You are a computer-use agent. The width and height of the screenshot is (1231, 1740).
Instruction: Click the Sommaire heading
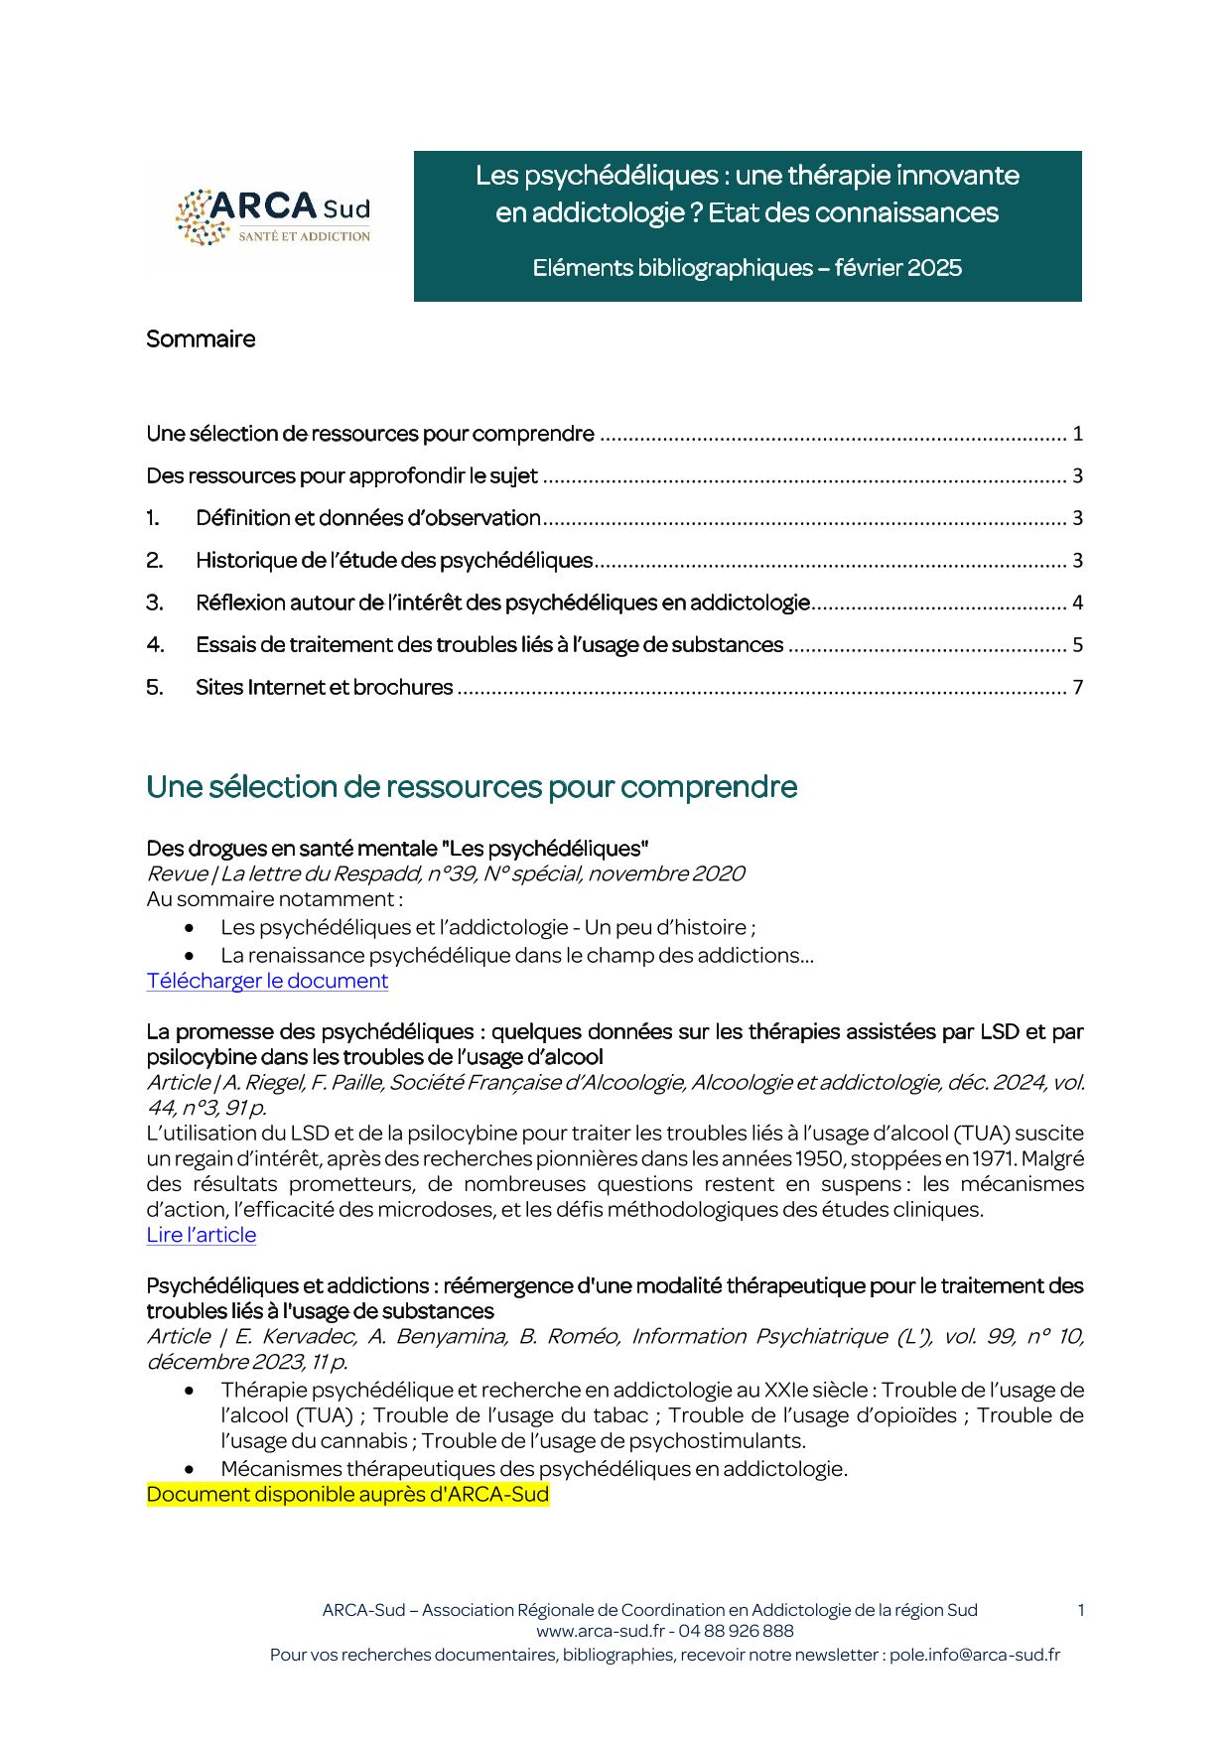pyautogui.click(x=201, y=339)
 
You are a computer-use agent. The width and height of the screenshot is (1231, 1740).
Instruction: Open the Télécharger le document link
pyautogui.click(x=267, y=981)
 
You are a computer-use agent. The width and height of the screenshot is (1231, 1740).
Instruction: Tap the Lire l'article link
pyautogui.click(x=202, y=1235)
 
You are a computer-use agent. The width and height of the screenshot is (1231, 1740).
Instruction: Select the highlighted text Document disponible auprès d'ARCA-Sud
pyautogui.click(x=347, y=1495)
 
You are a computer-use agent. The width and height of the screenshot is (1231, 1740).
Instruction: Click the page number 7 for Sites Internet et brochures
pyautogui.click(x=1077, y=688)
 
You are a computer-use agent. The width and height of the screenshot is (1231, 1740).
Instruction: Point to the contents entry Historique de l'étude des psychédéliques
pyautogui.click(x=394, y=561)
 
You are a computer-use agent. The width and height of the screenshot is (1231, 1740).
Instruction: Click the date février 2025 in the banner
pyautogui.click(x=898, y=268)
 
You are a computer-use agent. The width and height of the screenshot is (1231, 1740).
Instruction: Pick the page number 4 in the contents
pyautogui.click(x=1077, y=603)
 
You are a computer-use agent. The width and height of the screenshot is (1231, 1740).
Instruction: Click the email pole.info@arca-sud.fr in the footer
pyautogui.click(x=974, y=1655)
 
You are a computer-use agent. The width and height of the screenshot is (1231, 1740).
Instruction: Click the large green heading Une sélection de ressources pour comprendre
pyautogui.click(x=472, y=787)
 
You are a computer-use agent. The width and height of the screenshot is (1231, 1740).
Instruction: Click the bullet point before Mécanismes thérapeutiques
pyautogui.click(x=189, y=1469)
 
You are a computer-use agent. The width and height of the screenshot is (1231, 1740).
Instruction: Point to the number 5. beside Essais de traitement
pyautogui.click(x=154, y=688)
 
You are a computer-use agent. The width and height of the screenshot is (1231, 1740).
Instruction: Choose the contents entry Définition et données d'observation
pyautogui.click(x=367, y=518)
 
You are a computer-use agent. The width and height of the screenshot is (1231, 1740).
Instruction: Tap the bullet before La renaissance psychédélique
pyautogui.click(x=189, y=956)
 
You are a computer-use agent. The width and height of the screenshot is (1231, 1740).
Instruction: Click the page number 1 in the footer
pyautogui.click(x=1080, y=1610)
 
